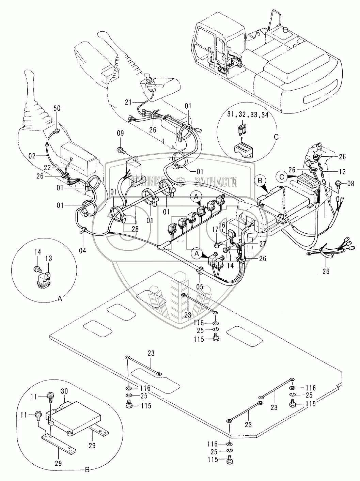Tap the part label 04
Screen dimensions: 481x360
(82, 250)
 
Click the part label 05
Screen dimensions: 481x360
(200, 287)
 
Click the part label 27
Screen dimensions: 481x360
(263, 244)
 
